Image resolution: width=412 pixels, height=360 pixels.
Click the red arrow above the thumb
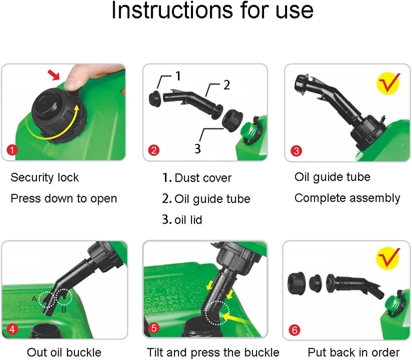pyautogui.click(x=54, y=75)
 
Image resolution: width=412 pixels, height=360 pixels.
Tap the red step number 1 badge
pyautogui.click(x=12, y=150)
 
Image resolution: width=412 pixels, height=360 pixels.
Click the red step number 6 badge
pyautogui.click(x=294, y=330)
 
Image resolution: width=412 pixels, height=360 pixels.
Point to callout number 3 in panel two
pyautogui.click(x=197, y=149)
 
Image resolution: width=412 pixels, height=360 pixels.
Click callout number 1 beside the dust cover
pyautogui.click(x=178, y=76)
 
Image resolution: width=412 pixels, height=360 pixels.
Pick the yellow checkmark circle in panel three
pyautogui.click(x=388, y=83)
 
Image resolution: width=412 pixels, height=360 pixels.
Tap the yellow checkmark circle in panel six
pyautogui.click(x=388, y=258)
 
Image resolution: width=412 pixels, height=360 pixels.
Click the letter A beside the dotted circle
pyautogui.click(x=34, y=299)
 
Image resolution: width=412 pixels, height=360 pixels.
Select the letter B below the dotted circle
pyautogui.click(x=64, y=310)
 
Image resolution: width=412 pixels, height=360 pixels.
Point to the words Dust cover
pyautogui.click(x=203, y=178)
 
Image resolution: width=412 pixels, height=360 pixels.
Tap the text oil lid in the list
pyautogui.click(x=188, y=220)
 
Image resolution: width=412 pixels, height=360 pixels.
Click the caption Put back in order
pyautogui.click(x=354, y=352)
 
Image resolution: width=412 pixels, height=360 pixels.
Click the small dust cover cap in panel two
pyautogui.click(x=155, y=99)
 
